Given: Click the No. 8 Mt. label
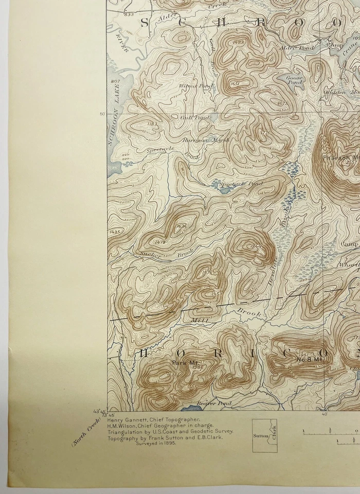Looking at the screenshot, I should point(309,360).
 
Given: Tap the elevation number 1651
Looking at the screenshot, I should point(236,83).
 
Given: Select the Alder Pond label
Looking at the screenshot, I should point(290,47).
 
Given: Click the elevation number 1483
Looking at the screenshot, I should point(238,42).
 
